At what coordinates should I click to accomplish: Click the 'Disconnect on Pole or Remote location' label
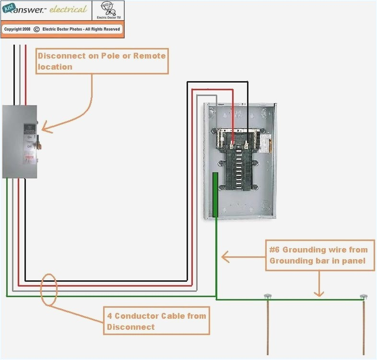pos(102,61)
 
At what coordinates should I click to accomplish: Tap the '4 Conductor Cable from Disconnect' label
pos(157,321)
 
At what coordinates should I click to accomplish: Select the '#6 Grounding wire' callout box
pos(319,254)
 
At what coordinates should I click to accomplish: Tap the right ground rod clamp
pos(364,297)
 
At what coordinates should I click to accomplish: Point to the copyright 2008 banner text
pos(62,29)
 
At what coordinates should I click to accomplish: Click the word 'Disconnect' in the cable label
pos(130,326)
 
